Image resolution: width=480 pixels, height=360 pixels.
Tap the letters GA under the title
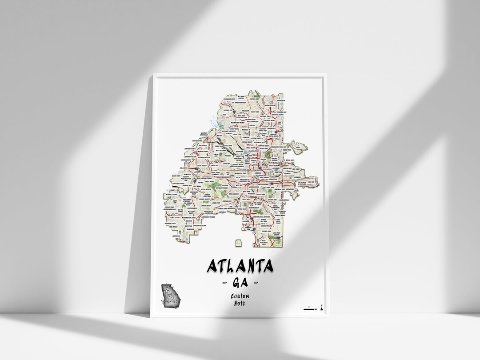pos(240,283)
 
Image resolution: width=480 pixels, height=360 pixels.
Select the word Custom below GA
pos(240,296)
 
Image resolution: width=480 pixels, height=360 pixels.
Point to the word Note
pos(240,304)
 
